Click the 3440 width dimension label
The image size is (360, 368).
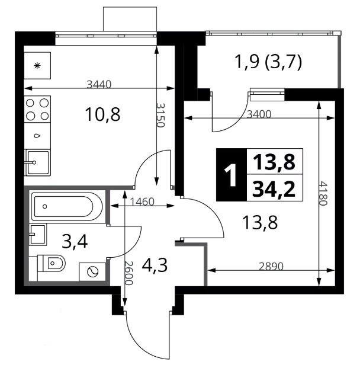point(99,84)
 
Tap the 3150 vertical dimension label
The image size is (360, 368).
point(160,115)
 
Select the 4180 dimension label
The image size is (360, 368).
point(323,193)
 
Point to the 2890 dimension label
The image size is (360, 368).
point(271,266)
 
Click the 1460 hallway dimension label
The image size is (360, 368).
point(142,201)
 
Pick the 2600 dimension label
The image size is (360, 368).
point(128,273)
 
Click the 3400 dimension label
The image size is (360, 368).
point(259,114)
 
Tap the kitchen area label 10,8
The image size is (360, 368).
point(102,114)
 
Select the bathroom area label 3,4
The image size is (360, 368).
point(75,242)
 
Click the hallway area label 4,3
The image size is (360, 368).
point(155,265)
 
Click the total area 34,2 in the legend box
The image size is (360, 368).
point(274,188)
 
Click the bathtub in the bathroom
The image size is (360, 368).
point(67,207)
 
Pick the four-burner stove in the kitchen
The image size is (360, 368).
point(37,109)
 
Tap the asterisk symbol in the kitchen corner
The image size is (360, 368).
point(37,65)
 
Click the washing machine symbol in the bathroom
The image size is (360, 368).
point(92,272)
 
